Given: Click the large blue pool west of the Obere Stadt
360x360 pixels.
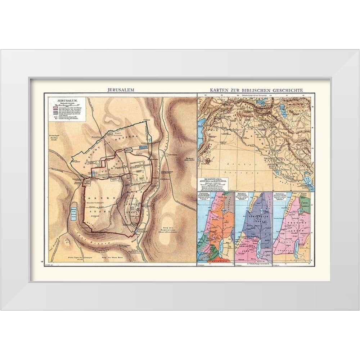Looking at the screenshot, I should tap(73, 215).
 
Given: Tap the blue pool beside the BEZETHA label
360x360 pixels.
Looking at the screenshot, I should tap(142, 147).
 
